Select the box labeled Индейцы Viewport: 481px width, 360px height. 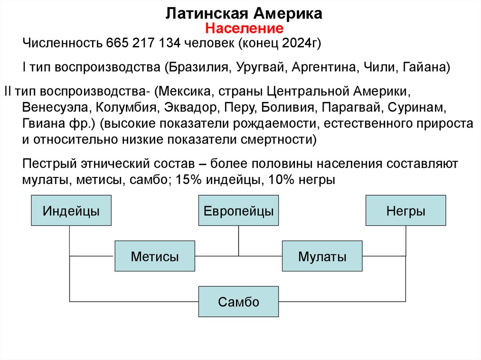(71, 211)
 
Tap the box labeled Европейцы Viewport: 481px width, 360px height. (238, 211)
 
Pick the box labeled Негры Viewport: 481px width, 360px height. (406, 211)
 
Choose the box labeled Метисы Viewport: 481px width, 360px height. (155, 256)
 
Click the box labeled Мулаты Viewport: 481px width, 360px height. (322, 256)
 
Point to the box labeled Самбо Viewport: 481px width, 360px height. (238, 302)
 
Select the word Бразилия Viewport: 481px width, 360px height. (198, 68)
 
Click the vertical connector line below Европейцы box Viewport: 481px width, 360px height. (238, 240)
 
